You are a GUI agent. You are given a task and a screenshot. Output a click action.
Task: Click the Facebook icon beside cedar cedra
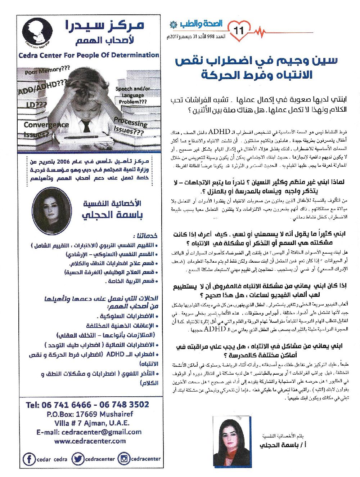[x=28, y=459]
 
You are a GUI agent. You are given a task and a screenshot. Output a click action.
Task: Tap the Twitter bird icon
[x=77, y=459]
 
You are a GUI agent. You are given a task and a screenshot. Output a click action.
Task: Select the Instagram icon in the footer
[x=123, y=459]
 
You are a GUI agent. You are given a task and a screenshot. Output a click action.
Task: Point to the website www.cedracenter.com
[x=90, y=441]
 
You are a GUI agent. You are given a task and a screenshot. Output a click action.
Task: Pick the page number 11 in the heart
[x=239, y=31]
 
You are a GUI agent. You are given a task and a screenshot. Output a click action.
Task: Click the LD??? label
[x=36, y=105]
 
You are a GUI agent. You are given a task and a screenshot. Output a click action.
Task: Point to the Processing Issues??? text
[x=130, y=126]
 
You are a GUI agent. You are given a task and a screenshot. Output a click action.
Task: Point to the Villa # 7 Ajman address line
[x=92, y=423]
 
